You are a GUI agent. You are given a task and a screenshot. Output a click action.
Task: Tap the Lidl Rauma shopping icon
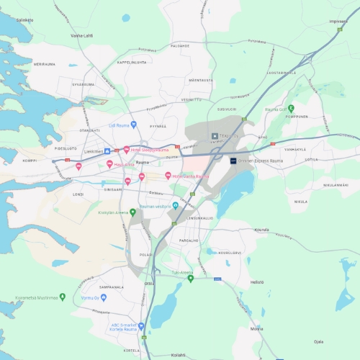[x=133, y=125]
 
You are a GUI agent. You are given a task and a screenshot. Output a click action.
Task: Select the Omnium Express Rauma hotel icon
[x=233, y=161]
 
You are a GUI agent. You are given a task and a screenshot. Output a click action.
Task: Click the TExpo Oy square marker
[x=214, y=135]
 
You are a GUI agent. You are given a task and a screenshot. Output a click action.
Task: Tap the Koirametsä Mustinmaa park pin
[x=63, y=296]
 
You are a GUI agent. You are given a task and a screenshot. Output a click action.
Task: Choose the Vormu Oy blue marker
[x=104, y=297]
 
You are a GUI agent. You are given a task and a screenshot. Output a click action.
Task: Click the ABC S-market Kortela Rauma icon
[x=141, y=325]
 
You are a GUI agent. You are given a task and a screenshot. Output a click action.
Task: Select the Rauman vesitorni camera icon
[x=175, y=206]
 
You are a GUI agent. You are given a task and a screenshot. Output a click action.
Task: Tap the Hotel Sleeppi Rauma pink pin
[x=127, y=150]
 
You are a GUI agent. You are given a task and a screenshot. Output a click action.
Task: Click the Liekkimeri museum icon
[x=107, y=151]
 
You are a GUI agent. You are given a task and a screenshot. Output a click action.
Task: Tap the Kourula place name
[x=261, y=230]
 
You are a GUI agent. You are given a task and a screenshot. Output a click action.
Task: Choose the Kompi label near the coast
[x=30, y=161]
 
